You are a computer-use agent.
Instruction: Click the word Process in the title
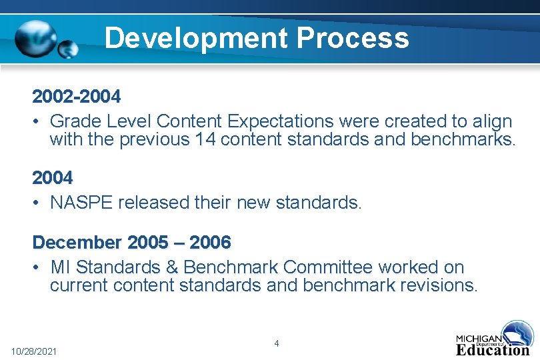(x=353, y=38)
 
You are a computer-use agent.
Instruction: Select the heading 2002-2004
(x=77, y=97)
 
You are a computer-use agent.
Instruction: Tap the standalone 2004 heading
(x=53, y=178)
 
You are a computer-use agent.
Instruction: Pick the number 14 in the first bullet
(x=205, y=140)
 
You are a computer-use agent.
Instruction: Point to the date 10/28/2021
(x=34, y=351)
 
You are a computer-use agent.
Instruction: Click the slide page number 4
(x=277, y=343)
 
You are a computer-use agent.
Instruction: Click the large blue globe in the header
(x=37, y=39)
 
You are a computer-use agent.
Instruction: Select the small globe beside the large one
(x=68, y=49)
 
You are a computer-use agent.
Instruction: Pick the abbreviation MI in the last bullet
(x=60, y=267)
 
